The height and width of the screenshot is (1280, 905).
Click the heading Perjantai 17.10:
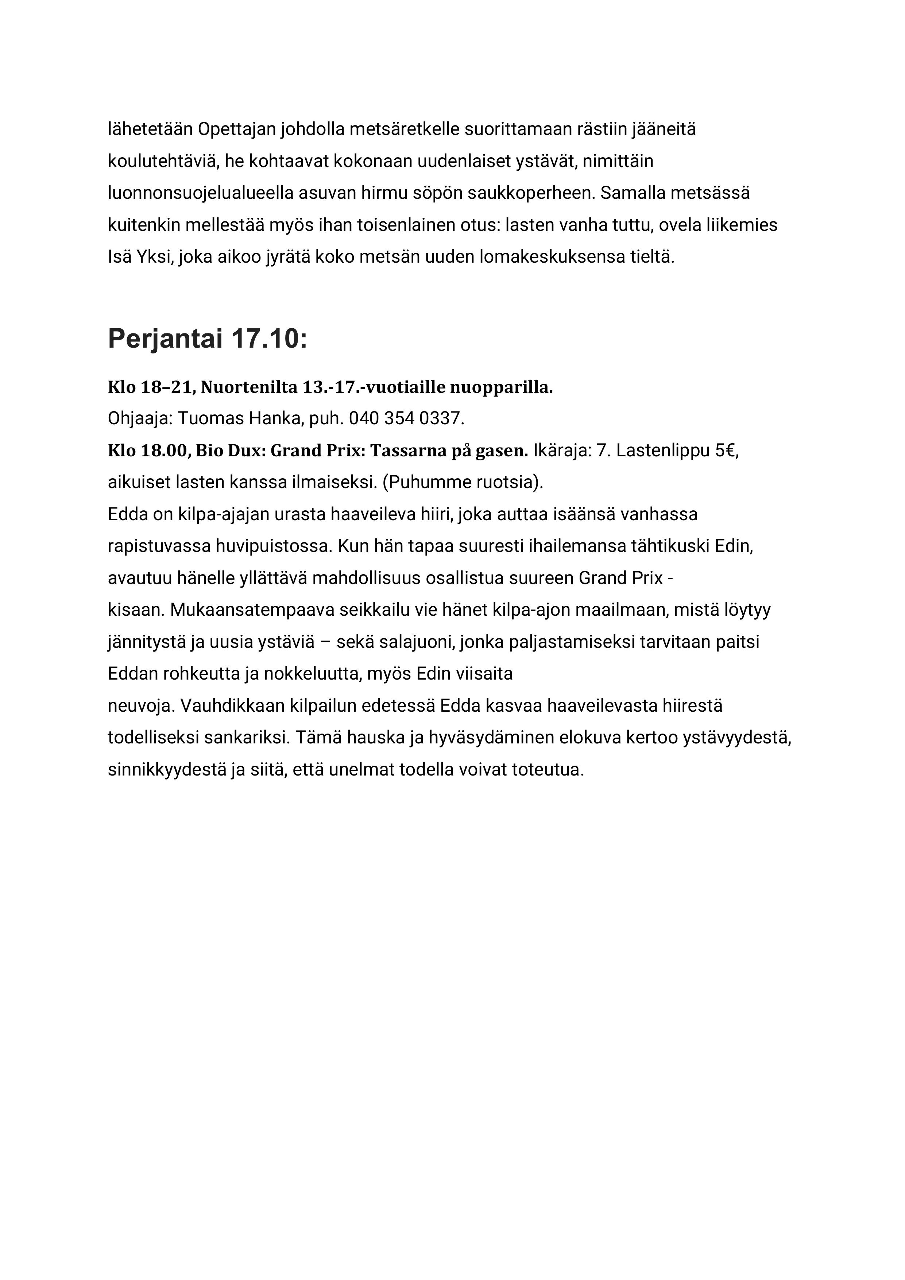[208, 339]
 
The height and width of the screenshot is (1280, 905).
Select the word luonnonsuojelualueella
[201, 193]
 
